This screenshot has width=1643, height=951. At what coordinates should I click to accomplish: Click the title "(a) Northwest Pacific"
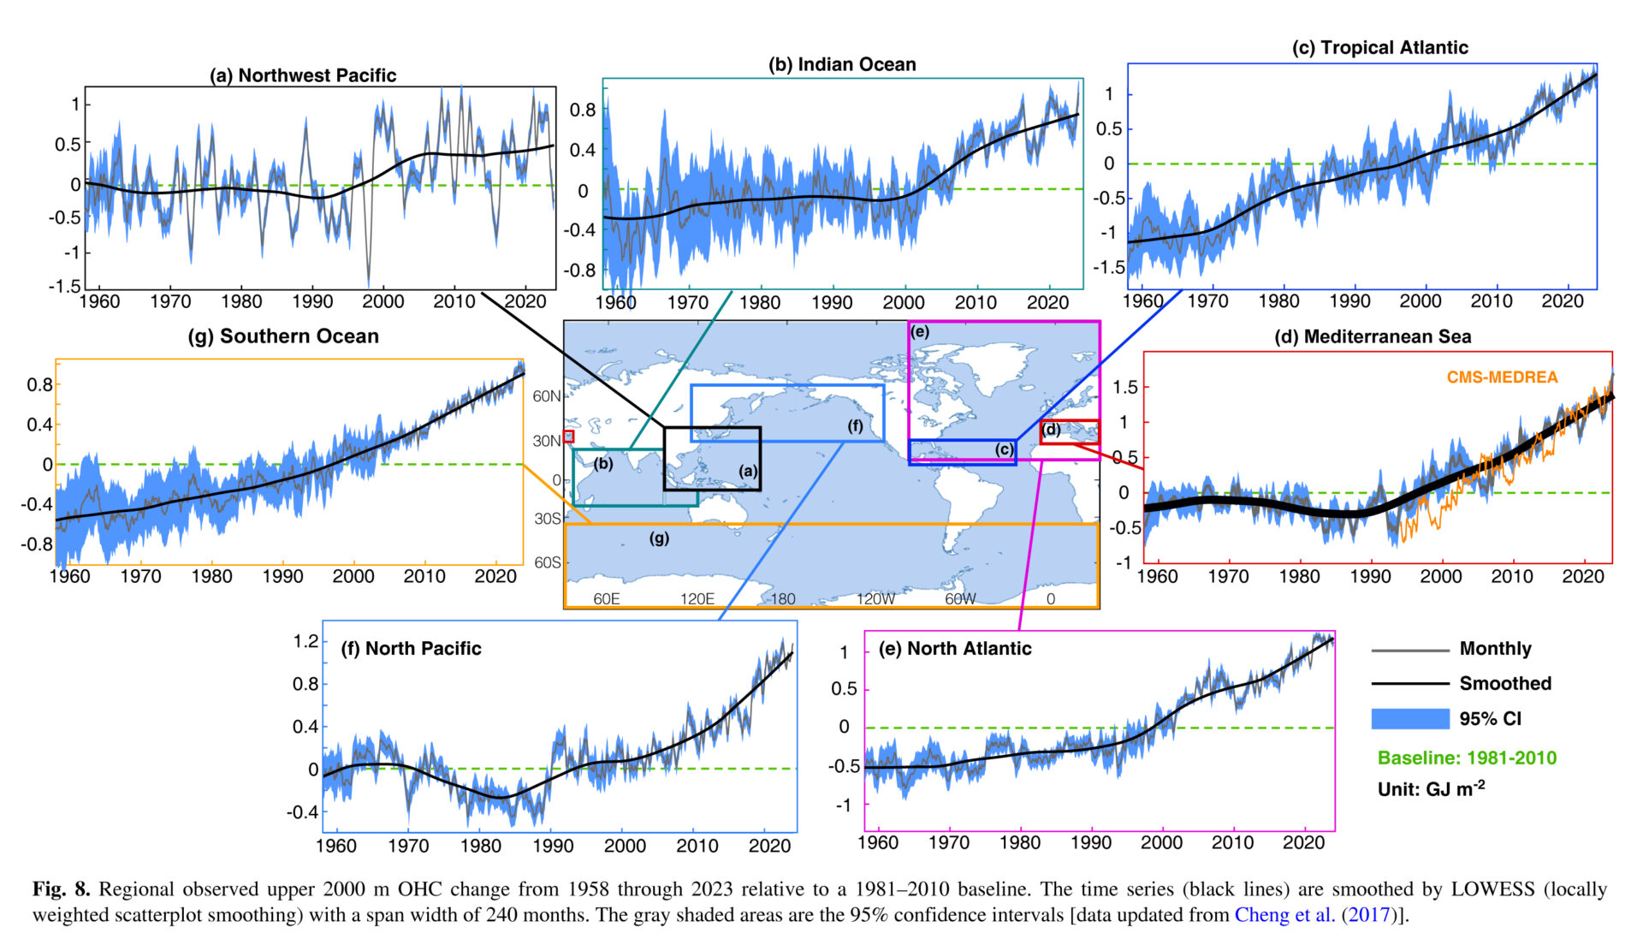click(x=303, y=75)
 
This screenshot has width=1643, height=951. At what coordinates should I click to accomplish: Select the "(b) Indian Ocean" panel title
click(x=842, y=64)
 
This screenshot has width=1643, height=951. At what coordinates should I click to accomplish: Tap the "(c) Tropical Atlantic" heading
click(x=1379, y=48)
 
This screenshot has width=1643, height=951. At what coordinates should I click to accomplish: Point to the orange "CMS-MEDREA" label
click(x=1502, y=377)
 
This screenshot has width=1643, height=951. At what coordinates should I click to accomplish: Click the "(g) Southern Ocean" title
click(x=283, y=336)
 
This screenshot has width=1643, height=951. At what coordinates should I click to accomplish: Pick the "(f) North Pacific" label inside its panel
click(x=411, y=649)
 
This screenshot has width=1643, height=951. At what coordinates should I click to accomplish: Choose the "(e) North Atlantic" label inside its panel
click(x=955, y=649)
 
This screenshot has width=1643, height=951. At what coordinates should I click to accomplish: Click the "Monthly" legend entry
click(x=1495, y=649)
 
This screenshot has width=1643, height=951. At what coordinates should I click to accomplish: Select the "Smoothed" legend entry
click(x=1504, y=683)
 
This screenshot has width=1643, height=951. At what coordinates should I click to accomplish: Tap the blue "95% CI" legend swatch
click(x=1409, y=719)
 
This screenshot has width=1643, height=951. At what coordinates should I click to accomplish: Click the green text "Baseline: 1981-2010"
click(x=1467, y=758)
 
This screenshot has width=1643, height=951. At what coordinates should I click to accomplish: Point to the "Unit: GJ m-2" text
click(x=1431, y=788)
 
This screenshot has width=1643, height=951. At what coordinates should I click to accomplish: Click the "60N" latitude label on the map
click(x=547, y=396)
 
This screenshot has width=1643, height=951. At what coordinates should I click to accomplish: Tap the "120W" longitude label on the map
click(x=875, y=599)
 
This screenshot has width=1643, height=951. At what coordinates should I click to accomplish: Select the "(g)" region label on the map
click(x=659, y=538)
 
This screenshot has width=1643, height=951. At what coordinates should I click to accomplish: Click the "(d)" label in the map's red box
click(x=1052, y=430)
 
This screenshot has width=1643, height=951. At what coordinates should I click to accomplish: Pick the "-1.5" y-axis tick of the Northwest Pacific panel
click(x=65, y=287)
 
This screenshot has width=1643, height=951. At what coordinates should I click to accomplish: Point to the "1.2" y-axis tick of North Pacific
click(x=305, y=641)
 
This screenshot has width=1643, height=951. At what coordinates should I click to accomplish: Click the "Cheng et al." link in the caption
click(x=1284, y=915)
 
